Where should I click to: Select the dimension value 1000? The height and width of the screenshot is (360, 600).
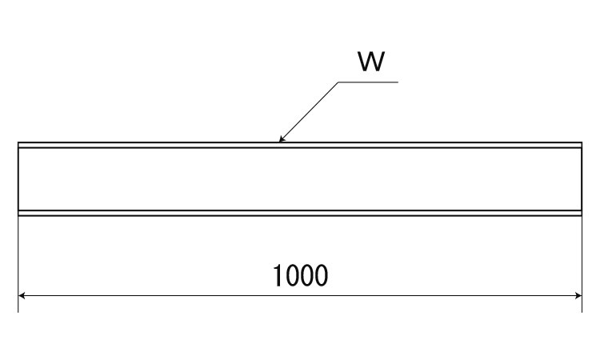coord(300,276)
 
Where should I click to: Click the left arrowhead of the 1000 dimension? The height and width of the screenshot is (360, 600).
coord(22,295)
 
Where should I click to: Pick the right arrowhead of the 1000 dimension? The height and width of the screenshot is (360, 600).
coord(577,295)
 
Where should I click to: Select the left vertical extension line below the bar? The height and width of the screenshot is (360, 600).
coord(18,256)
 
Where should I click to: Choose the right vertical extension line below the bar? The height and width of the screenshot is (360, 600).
coord(582,256)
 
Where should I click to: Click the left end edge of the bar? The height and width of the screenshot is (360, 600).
coord(18,179)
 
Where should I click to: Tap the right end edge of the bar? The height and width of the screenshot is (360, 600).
coord(582,179)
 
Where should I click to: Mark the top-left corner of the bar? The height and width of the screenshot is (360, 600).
coord(18,143)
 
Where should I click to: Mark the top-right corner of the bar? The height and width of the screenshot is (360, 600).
coord(582,143)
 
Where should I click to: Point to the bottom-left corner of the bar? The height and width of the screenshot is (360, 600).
coord(18,215)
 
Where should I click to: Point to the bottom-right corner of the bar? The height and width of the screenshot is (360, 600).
coord(582,215)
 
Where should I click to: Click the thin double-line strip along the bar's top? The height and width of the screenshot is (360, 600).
coord(160,146)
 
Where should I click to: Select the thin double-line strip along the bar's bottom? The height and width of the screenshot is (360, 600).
coord(160,213)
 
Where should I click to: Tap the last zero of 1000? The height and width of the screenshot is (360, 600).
coord(321,276)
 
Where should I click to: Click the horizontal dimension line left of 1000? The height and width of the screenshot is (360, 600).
coord(144,295)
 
